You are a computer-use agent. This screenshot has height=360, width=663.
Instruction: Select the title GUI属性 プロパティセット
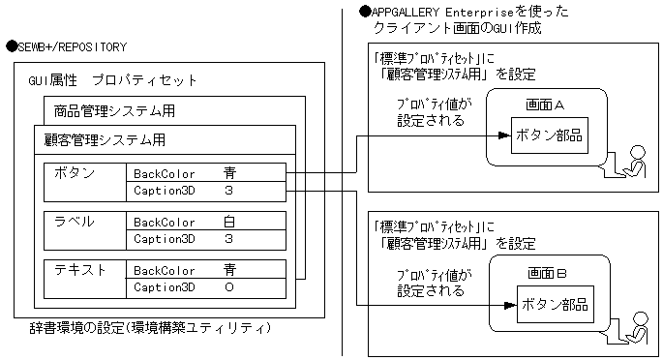[112, 80]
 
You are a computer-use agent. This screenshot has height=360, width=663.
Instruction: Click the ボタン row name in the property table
[76, 173]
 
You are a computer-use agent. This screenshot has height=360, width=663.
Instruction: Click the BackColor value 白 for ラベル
[229, 222]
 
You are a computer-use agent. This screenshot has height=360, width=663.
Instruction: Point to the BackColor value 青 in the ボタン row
[229, 173]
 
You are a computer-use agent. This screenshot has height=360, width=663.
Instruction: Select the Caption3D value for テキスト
[229, 286]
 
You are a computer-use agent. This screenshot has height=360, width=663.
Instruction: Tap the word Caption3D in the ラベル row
[165, 238]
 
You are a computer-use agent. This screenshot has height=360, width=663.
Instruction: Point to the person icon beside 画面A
[636, 162]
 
